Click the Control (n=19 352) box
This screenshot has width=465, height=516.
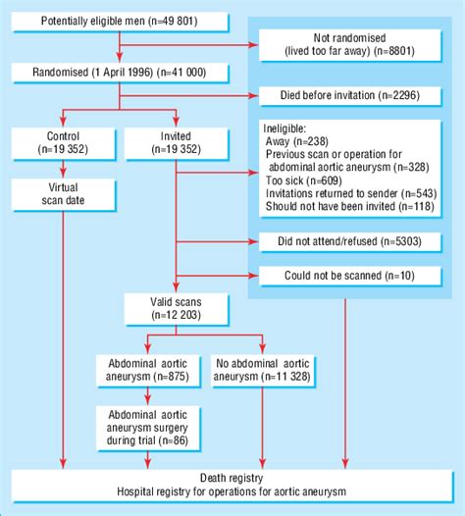63,143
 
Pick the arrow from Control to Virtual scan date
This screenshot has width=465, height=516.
63,168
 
